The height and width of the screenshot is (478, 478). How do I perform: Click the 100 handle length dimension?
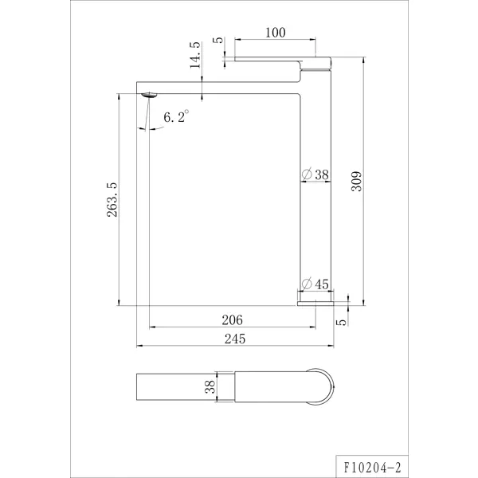tap(276, 33)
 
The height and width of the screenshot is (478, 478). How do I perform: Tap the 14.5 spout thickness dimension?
tap(195, 55)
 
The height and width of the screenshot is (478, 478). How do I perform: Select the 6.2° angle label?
tap(176, 116)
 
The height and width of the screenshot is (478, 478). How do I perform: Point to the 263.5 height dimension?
tap(112, 200)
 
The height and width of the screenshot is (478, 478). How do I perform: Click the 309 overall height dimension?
tap(356, 181)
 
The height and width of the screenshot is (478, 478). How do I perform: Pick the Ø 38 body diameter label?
tap(315, 174)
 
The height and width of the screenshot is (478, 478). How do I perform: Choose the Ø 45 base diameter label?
tap(315, 284)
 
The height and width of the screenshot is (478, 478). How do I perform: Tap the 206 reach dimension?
tap(233, 320)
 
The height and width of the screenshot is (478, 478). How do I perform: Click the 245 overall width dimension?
tap(235, 339)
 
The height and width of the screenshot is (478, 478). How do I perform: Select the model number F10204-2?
tap(373, 468)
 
